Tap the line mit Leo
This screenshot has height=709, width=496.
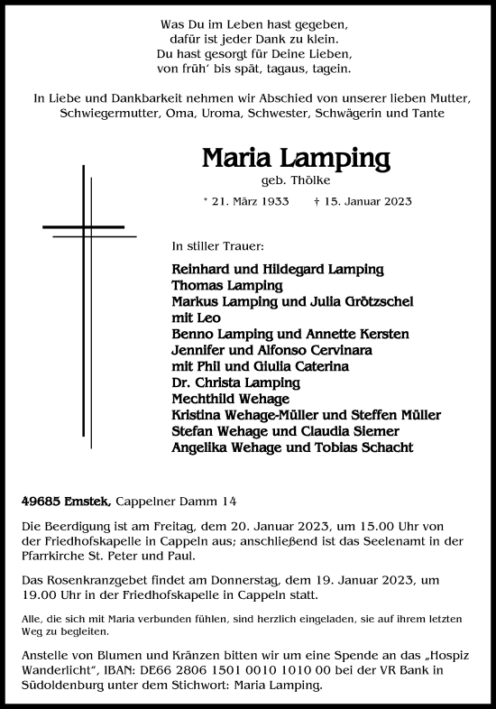(195, 317)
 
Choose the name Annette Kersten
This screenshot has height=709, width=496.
(358, 333)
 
